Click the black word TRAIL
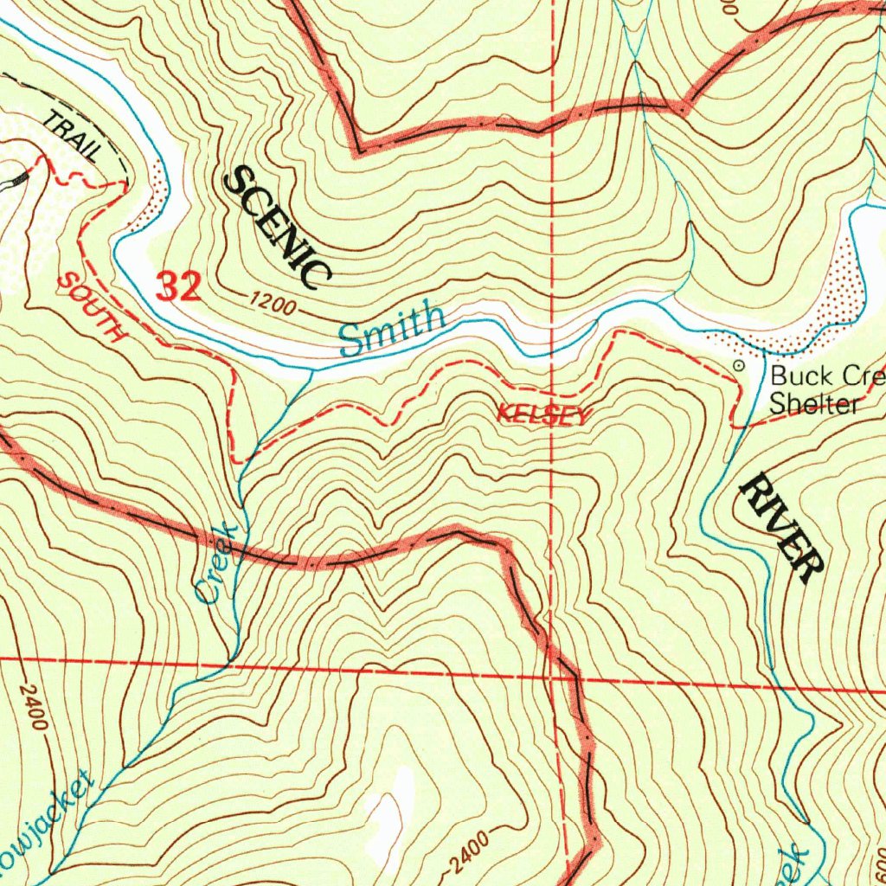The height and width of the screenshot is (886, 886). point(73,137)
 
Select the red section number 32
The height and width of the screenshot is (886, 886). point(179,286)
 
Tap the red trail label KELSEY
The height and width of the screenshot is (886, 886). point(543,416)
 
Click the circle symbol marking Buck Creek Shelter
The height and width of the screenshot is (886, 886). point(738,366)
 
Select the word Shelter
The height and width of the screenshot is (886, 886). point(813,404)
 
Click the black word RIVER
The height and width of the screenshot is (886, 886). point(780,529)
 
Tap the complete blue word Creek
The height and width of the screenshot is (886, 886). point(216,563)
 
